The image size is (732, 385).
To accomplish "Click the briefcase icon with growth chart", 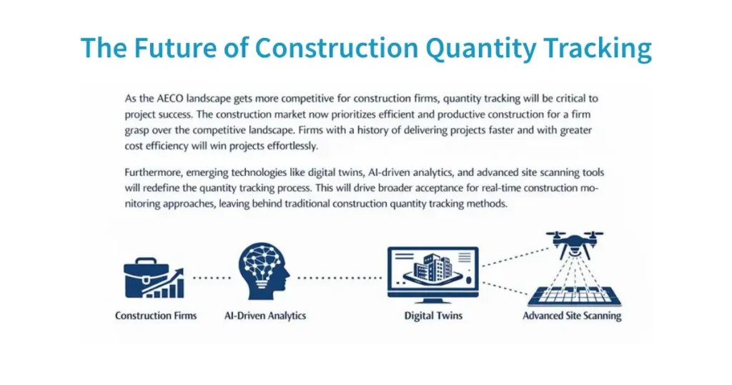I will pyautogui.click(x=152, y=278).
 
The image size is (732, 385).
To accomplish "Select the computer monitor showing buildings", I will pyautogui.click(x=431, y=273).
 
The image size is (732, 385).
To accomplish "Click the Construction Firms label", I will pyautogui.click(x=156, y=316).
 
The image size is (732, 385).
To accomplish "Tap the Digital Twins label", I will pyautogui.click(x=433, y=316).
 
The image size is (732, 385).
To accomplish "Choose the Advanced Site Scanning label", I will pyautogui.click(x=572, y=316).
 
